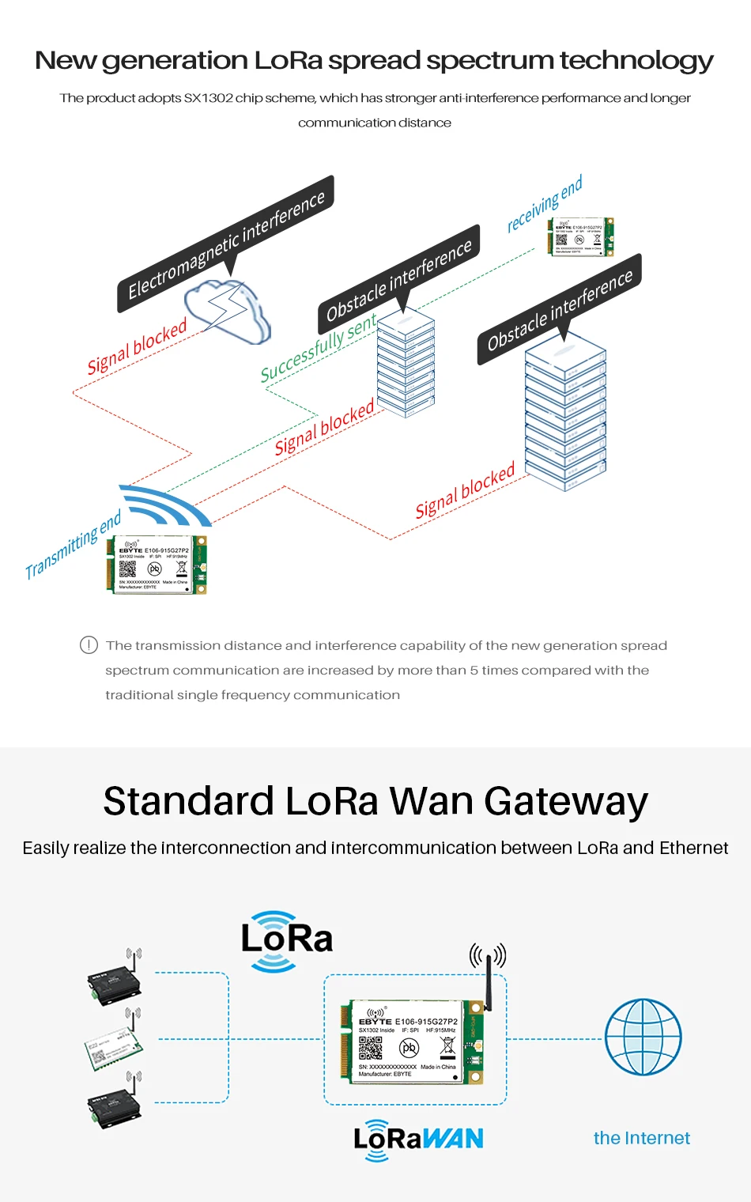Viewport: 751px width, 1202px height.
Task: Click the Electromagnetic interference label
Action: [226, 244]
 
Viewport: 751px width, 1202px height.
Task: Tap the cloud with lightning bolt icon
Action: [228, 310]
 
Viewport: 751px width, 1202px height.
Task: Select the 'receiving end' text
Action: [545, 203]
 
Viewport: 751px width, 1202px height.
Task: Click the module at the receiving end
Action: [580, 236]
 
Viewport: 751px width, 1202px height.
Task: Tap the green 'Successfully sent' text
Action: [318, 348]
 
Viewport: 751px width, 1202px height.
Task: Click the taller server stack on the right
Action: [565, 411]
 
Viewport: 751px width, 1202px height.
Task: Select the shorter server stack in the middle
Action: [406, 363]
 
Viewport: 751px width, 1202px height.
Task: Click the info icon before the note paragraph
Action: [89, 645]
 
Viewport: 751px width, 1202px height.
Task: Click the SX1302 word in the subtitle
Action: [209, 98]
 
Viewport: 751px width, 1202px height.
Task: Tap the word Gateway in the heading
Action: [566, 801]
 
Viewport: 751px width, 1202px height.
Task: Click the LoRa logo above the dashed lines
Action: [286, 940]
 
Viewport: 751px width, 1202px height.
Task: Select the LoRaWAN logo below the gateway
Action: [418, 1139]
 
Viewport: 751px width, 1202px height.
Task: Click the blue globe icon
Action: [643, 1037]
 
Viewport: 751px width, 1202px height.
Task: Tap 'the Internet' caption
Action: [641, 1138]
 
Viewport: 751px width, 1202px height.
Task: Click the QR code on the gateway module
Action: [371, 1048]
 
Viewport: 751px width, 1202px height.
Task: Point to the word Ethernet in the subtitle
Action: [693, 848]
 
